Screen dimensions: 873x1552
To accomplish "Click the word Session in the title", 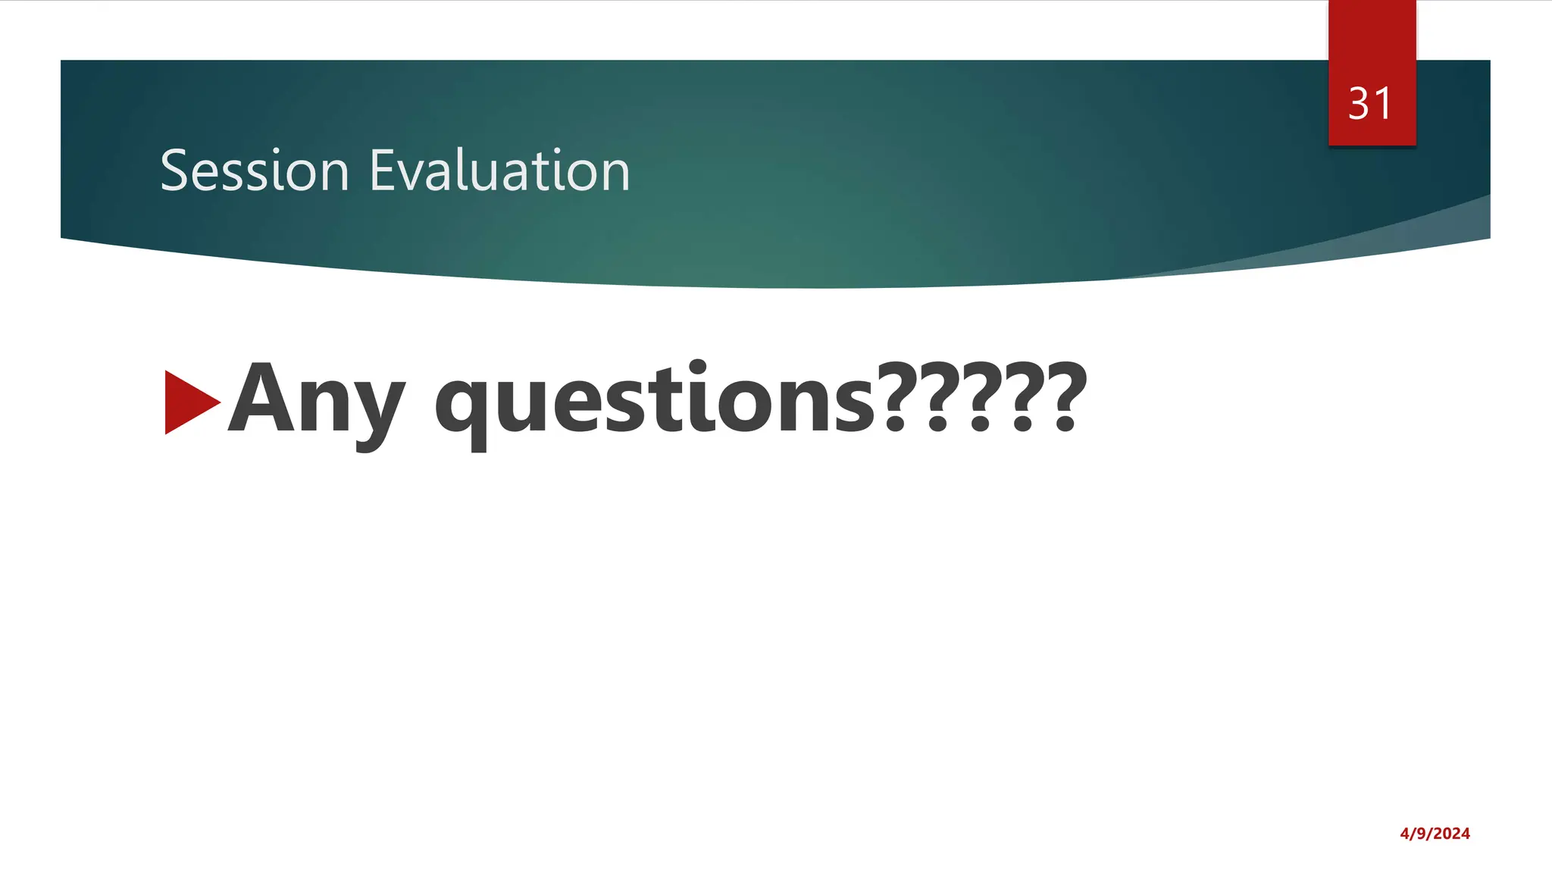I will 254,171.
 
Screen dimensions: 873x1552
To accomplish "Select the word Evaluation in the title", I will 499,171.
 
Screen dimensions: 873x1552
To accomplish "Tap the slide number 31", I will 1370,104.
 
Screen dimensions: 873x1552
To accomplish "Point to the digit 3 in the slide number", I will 1359,104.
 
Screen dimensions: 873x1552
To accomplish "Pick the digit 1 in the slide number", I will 1383,104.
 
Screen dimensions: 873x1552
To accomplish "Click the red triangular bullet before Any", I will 189,402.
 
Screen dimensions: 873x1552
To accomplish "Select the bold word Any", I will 317,402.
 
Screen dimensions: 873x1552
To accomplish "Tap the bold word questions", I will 655,402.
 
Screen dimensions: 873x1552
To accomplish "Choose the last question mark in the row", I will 1065,397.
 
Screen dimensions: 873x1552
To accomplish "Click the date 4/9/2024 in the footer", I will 1435,834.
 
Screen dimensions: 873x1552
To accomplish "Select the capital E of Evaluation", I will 381,171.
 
